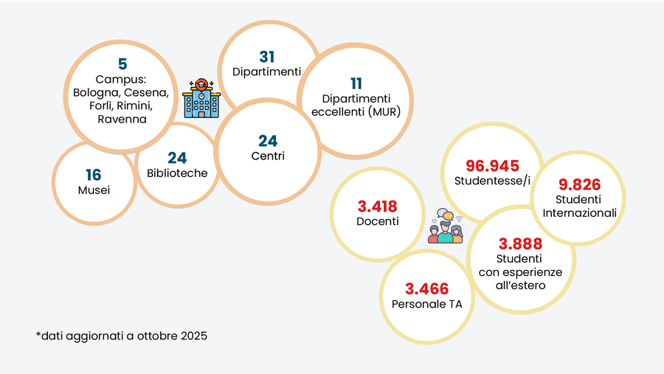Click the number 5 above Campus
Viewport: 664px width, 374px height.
pyautogui.click(x=122, y=64)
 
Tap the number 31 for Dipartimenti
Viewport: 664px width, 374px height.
pyautogui.click(x=266, y=57)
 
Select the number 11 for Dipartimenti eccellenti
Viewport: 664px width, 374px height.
pyautogui.click(x=356, y=83)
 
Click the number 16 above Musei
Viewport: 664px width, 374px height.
pyautogui.click(x=93, y=175)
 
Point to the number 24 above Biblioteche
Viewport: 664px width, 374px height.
pyautogui.click(x=177, y=158)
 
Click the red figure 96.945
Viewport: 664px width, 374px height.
pyautogui.click(x=492, y=166)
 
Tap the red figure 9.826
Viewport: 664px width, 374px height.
pyautogui.click(x=579, y=185)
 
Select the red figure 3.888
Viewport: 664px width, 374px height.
pyautogui.click(x=520, y=244)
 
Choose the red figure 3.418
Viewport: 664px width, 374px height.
pyautogui.click(x=377, y=205)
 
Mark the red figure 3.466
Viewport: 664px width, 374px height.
pyautogui.click(x=426, y=289)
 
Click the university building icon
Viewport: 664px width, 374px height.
pyautogui.click(x=200, y=99)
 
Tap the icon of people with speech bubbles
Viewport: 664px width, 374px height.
pyautogui.click(x=446, y=226)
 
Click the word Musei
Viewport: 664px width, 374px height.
pyautogui.click(x=94, y=190)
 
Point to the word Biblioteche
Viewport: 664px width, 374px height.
pyautogui.click(x=177, y=173)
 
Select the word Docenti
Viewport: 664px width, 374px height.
pyautogui.click(x=377, y=221)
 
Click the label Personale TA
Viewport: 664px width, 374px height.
pyautogui.click(x=426, y=305)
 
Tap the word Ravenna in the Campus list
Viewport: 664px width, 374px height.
pyautogui.click(x=122, y=119)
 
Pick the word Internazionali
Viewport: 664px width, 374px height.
pyautogui.click(x=579, y=212)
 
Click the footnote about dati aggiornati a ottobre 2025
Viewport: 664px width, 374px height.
pyautogui.click(x=122, y=336)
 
